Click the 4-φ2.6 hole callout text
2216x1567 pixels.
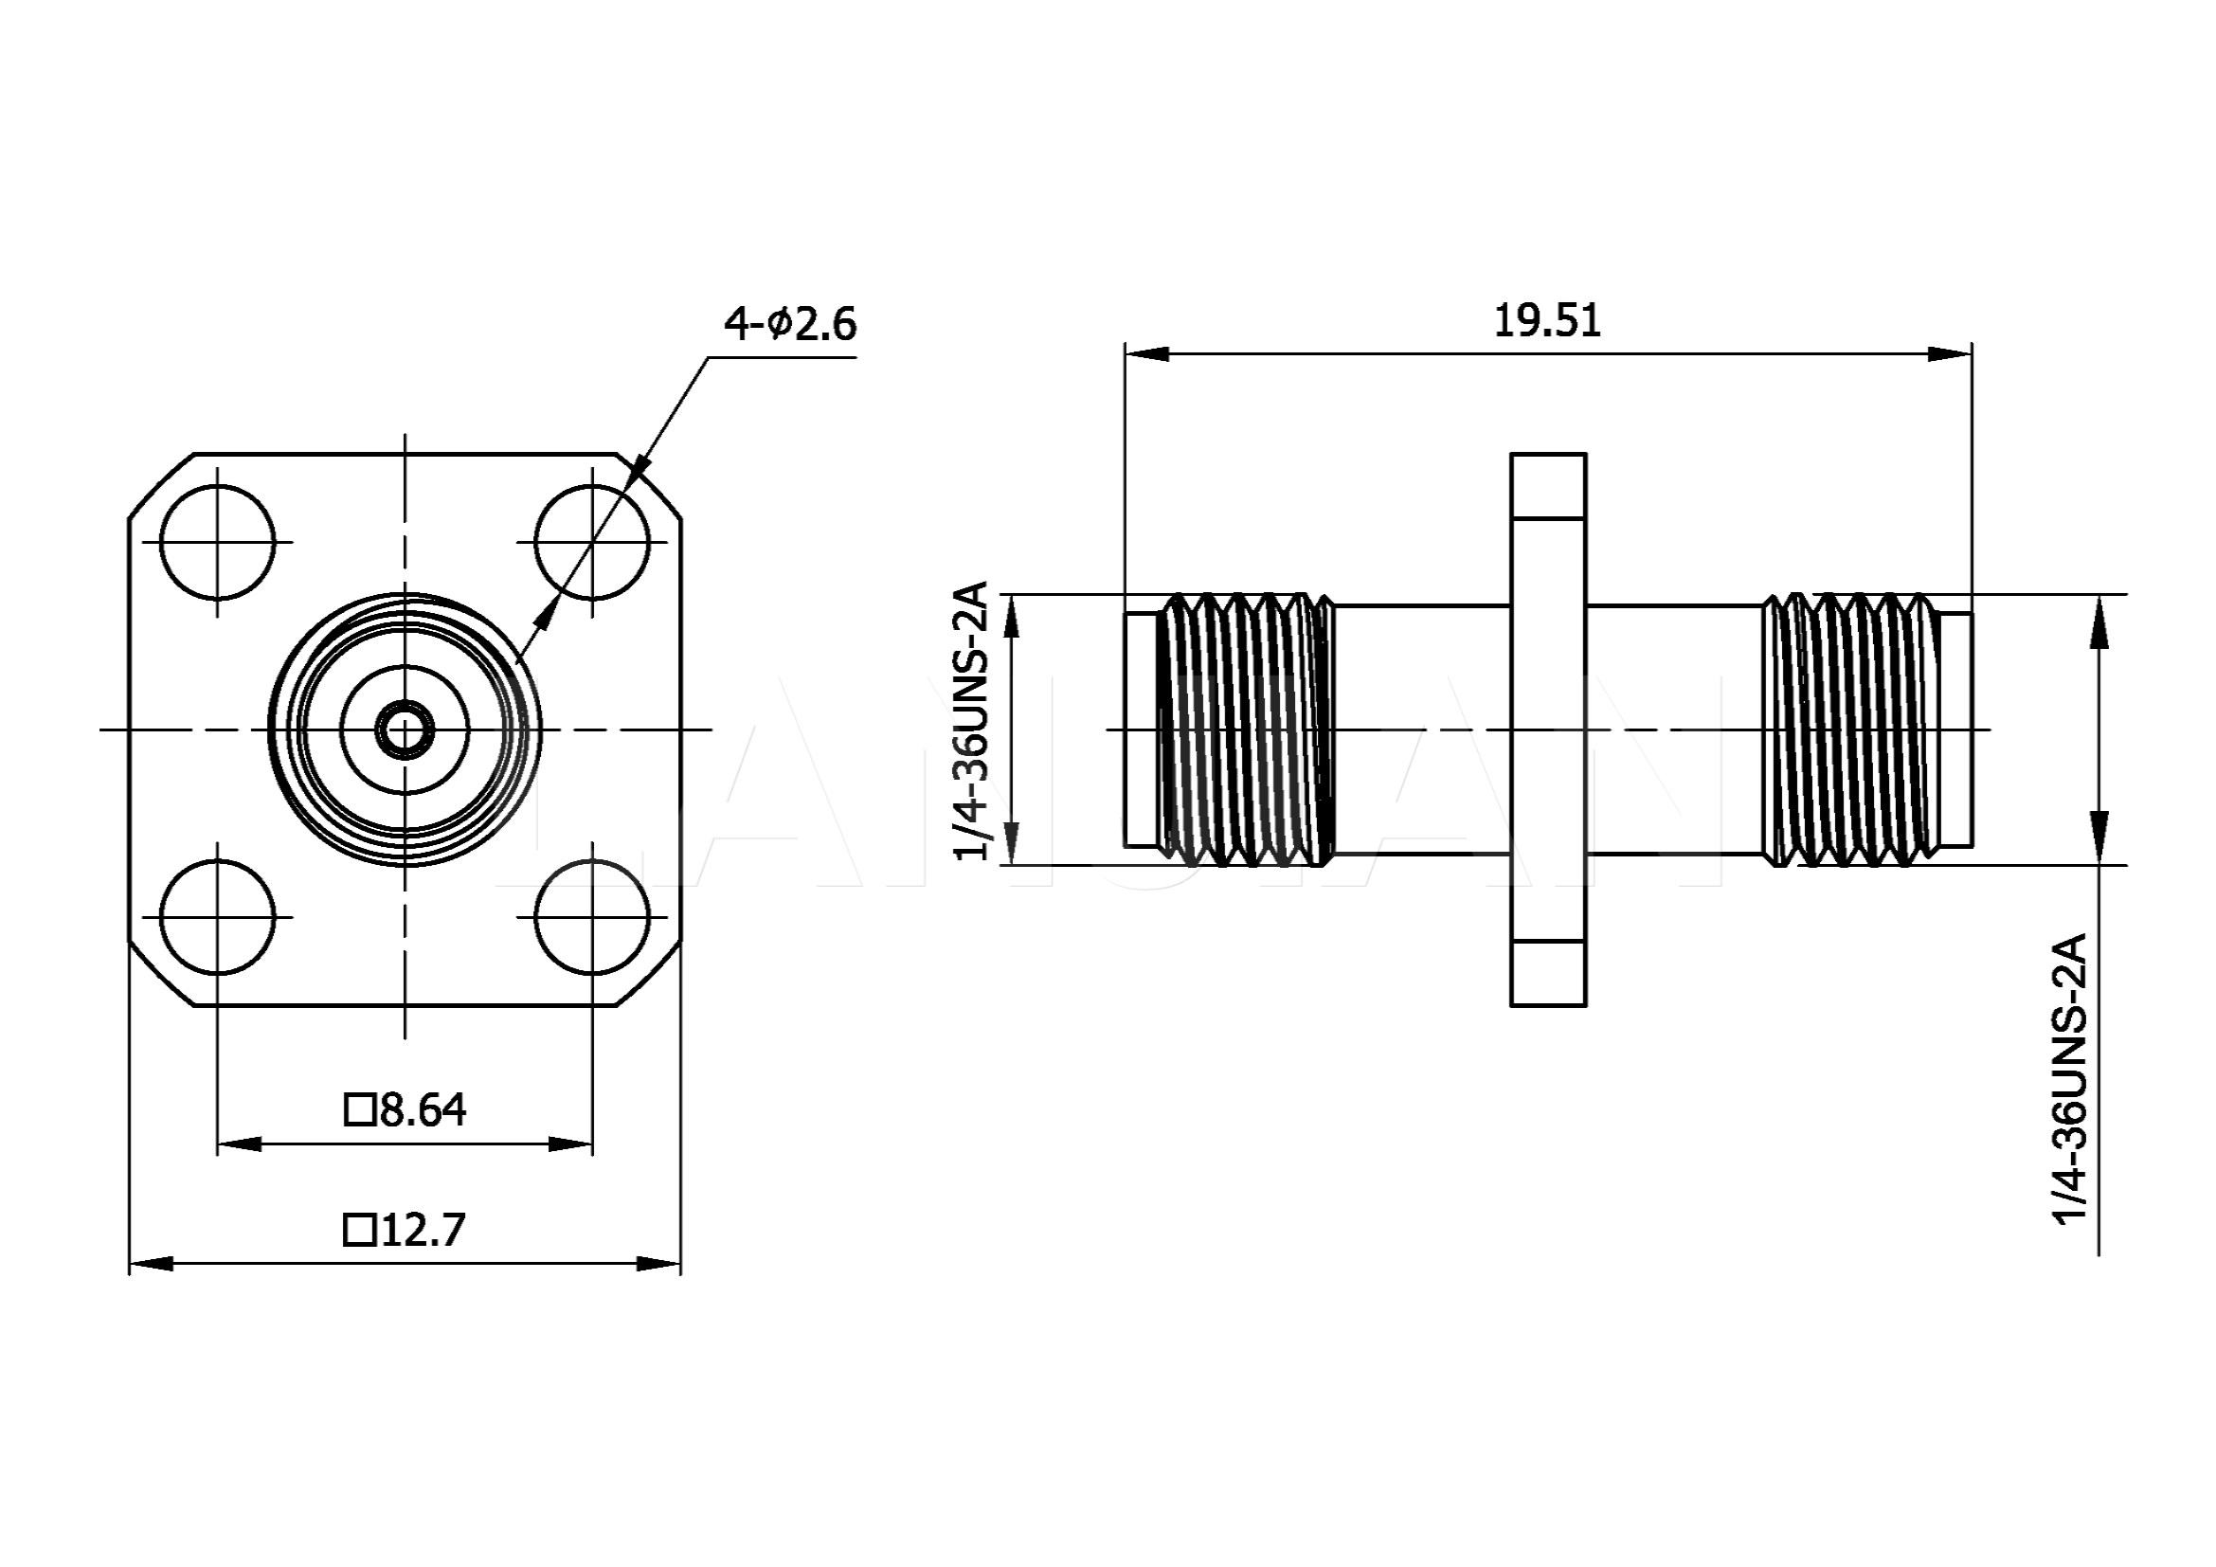click(x=789, y=324)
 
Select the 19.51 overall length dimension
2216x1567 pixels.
click(x=1546, y=321)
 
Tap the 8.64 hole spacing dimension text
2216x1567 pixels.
click(x=422, y=1110)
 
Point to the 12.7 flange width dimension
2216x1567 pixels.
click(x=423, y=1231)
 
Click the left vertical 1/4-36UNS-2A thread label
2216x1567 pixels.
click(x=971, y=721)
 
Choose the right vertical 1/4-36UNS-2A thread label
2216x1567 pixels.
click(x=2069, y=1079)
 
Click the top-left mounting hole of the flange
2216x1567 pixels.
click(x=217, y=542)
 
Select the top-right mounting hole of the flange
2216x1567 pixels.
click(x=591, y=542)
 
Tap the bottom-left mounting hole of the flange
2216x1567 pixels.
click(x=217, y=917)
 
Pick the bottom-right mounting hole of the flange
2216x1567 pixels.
click(x=591, y=917)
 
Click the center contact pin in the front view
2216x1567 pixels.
click(x=405, y=729)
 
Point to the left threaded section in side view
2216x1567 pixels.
click(x=1245, y=728)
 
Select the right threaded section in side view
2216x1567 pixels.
click(x=1851, y=728)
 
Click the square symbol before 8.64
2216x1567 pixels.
click(x=359, y=1109)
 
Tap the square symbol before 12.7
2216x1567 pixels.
click(x=359, y=1231)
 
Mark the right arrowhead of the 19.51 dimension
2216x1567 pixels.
click(x=1950, y=354)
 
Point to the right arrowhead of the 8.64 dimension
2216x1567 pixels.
click(x=570, y=1144)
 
